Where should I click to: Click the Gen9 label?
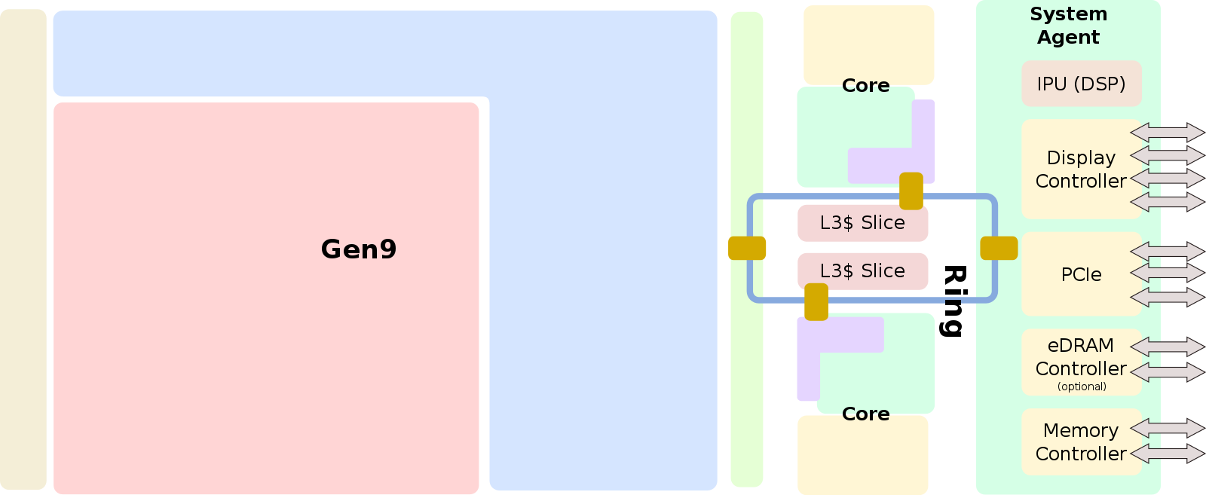359,249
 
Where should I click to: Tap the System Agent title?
1068,26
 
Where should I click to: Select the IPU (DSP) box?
1081,84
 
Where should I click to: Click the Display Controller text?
1081,170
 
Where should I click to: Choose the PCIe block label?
1081,275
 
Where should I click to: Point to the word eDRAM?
1080,345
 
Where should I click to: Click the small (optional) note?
1082,387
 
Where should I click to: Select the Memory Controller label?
1081,442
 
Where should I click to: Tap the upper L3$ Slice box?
862,223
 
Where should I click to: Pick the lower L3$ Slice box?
862,271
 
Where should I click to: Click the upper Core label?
865,86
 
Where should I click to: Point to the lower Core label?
865,414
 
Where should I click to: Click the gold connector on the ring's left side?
747,248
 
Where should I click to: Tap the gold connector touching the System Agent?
999,248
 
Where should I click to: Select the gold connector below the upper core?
911,191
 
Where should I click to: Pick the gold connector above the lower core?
816,301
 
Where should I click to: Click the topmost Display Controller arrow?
1167,133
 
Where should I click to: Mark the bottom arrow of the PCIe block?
1167,297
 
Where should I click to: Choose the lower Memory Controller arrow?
1167,453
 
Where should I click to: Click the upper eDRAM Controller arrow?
1167,347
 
